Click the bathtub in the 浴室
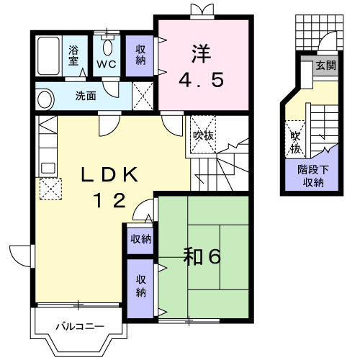click(x=48, y=56)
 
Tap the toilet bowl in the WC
click(x=107, y=48)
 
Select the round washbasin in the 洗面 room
click(x=45, y=100)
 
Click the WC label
click(x=107, y=64)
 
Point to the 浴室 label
click(x=73, y=55)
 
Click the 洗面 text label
click(x=86, y=96)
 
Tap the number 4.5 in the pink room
click(x=202, y=80)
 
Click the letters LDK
click(x=109, y=175)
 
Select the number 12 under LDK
click(x=110, y=200)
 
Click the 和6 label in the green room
click(x=202, y=256)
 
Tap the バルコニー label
click(x=80, y=326)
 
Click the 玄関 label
click(x=325, y=65)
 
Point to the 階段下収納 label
click(x=313, y=176)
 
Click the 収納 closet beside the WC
click(x=140, y=55)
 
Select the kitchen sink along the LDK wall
click(x=48, y=168)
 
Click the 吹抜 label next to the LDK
click(x=204, y=136)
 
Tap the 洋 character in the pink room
click(x=201, y=55)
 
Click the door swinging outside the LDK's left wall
click(x=22, y=256)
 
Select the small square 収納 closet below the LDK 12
click(x=140, y=239)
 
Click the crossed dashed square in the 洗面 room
click(x=143, y=96)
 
